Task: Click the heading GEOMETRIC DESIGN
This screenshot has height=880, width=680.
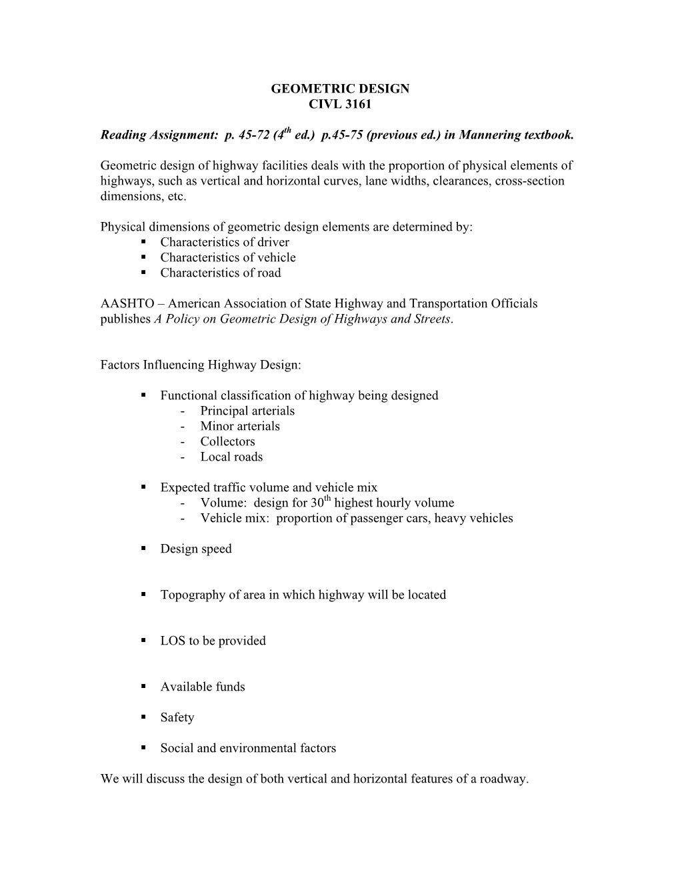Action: point(340,89)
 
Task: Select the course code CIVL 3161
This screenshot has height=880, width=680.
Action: point(340,104)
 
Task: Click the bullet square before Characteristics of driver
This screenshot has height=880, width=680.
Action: point(143,243)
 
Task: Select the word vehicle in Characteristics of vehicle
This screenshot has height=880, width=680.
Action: point(275,258)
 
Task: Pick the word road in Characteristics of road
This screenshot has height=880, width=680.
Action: point(268,273)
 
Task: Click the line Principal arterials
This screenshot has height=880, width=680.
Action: point(247,411)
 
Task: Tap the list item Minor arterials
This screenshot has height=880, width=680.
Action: point(240,427)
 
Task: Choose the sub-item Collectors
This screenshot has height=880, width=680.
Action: point(227,442)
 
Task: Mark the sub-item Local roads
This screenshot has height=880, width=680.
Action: point(231,457)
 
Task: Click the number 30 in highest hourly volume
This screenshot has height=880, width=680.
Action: point(317,503)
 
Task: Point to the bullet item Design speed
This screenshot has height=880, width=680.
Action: point(196,549)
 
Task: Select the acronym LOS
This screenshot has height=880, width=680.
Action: point(173,641)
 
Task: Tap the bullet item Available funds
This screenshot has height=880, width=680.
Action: point(203,687)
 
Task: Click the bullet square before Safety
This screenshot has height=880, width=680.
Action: point(143,718)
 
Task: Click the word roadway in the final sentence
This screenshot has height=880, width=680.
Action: point(503,779)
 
